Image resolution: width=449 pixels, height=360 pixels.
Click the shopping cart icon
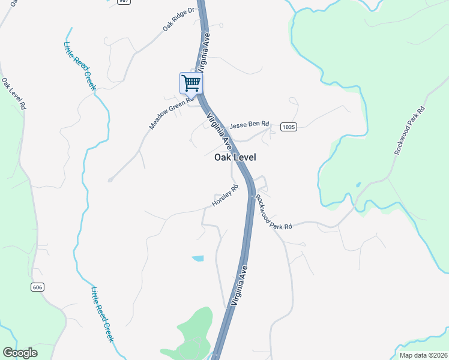tap(191, 83)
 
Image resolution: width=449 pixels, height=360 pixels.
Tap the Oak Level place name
tap(235, 157)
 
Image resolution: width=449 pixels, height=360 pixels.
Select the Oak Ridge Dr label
tap(179, 20)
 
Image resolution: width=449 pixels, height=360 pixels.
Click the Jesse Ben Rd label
tap(249, 127)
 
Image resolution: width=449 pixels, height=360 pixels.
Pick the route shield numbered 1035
tap(289, 127)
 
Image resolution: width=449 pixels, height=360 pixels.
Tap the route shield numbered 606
tap(38, 287)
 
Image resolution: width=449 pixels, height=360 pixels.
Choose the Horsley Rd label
tap(225, 196)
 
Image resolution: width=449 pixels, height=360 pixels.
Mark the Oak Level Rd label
tap(14, 93)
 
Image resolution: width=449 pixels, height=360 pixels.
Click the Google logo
tap(20, 352)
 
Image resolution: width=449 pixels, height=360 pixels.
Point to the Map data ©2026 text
tap(423, 355)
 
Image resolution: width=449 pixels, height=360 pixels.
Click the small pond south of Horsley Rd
tap(197, 259)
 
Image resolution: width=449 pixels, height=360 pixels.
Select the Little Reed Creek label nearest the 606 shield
tap(102, 314)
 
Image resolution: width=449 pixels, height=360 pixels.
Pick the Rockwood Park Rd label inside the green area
tap(409, 130)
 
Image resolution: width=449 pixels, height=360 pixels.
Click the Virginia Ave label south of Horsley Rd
tap(239, 287)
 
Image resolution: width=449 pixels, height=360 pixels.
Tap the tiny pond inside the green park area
tap(358, 185)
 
